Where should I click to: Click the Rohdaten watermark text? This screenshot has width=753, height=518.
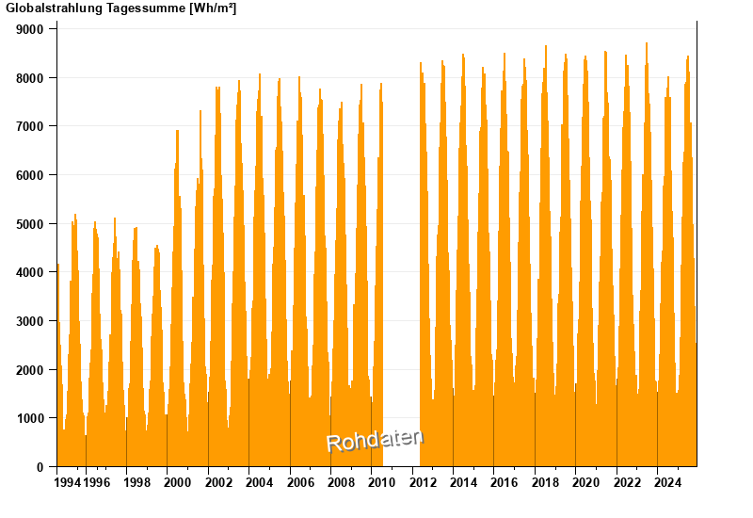(x=375, y=439)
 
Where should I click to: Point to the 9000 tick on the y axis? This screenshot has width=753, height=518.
(x=31, y=29)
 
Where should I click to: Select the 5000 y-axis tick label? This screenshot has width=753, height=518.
(x=31, y=224)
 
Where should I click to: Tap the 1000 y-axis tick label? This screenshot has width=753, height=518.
(x=31, y=418)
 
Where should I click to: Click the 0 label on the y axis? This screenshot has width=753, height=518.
(x=40, y=467)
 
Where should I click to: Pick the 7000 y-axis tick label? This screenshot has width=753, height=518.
(x=31, y=126)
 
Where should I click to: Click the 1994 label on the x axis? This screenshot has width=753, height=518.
(x=68, y=483)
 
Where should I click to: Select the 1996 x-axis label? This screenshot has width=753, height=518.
(x=96, y=483)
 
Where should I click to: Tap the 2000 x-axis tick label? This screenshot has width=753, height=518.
(x=178, y=483)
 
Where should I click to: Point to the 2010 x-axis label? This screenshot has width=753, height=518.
(x=381, y=483)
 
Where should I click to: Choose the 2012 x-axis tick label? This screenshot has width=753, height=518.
(x=423, y=483)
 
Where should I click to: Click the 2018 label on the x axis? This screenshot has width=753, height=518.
(x=545, y=483)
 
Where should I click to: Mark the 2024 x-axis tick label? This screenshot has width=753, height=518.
(x=667, y=483)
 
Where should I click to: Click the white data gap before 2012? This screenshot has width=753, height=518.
(x=401, y=283)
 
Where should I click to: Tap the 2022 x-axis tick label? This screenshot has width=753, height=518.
(x=627, y=483)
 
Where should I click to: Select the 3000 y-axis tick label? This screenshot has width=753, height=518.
(x=31, y=321)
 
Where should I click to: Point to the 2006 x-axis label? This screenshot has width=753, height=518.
(x=300, y=483)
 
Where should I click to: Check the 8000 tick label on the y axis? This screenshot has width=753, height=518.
(x=31, y=78)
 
